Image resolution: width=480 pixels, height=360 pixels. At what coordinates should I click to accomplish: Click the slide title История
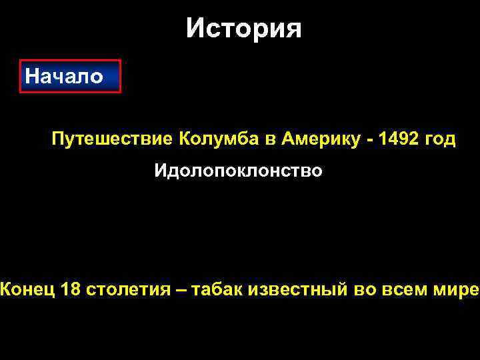click(x=243, y=29)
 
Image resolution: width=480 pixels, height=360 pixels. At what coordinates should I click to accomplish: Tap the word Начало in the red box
click(x=64, y=77)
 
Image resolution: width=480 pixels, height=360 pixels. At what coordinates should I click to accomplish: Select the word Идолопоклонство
click(x=239, y=171)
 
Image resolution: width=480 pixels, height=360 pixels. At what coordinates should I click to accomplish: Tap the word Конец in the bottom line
click(x=27, y=289)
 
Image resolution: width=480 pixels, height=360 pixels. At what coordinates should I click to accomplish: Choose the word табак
click(x=217, y=289)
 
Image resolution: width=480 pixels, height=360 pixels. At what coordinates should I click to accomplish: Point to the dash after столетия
click(x=182, y=289)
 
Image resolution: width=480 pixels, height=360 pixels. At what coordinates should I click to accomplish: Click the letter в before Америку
click(x=271, y=141)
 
